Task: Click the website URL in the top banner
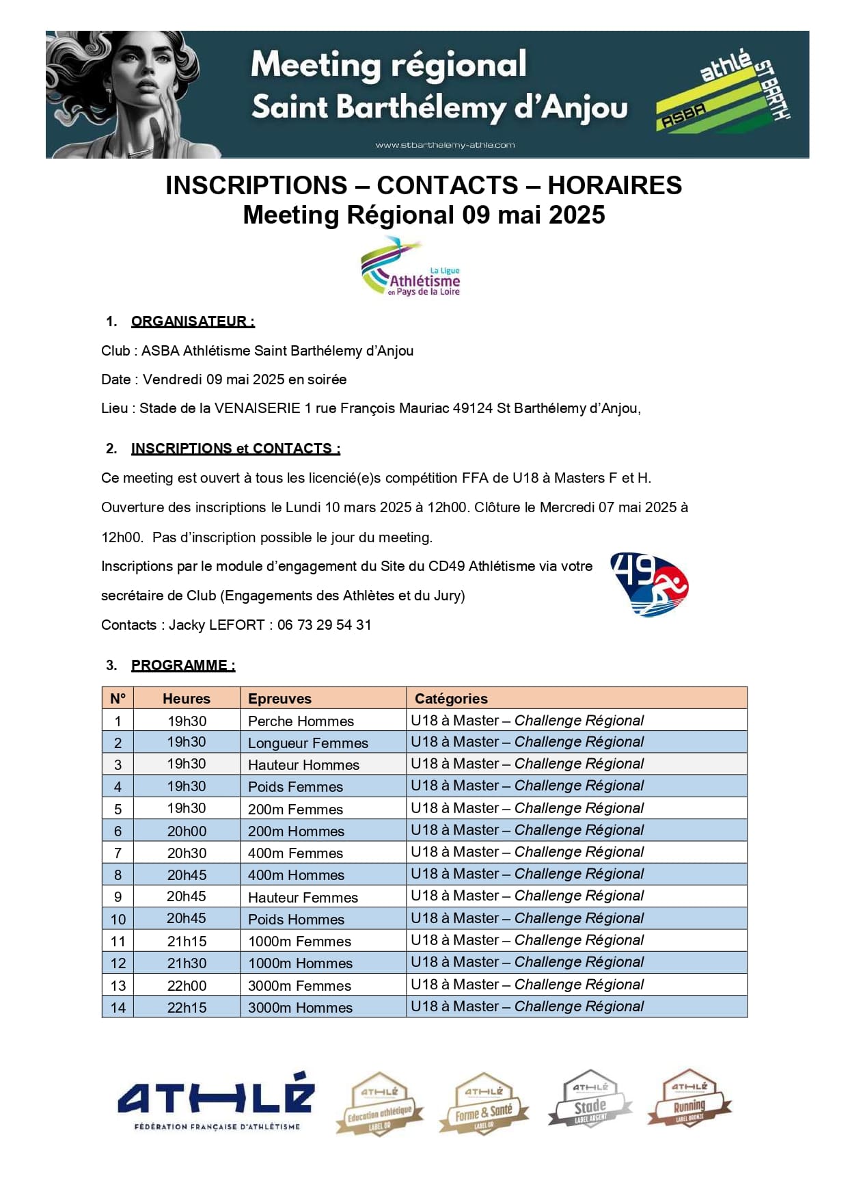(445, 145)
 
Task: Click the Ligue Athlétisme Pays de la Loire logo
(411, 267)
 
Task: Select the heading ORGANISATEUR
(193, 321)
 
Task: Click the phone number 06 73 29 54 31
(324, 625)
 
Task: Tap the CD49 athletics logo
(648, 585)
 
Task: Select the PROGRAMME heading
(182, 665)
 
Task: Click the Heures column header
(187, 699)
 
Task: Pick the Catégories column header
(451, 699)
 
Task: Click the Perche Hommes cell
(301, 721)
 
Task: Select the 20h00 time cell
(187, 831)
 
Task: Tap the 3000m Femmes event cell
(299, 986)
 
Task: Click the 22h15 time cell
(187, 1008)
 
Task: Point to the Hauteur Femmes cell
(303, 898)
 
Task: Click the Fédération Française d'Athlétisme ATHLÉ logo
(216, 1102)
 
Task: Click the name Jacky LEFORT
(217, 625)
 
